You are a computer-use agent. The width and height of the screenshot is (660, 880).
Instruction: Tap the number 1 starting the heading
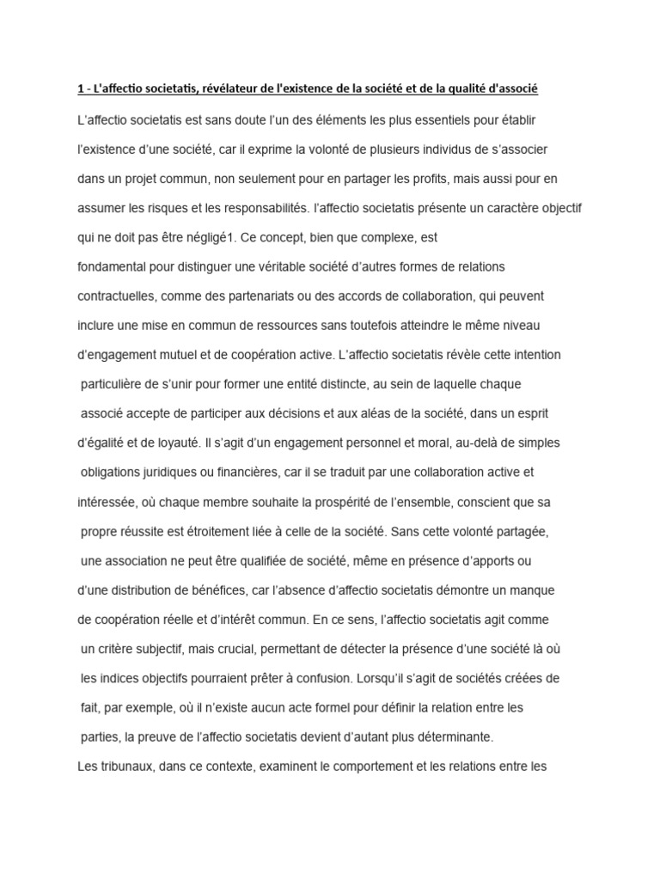coord(80,90)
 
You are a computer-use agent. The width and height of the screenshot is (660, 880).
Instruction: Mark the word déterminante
coord(457,737)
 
